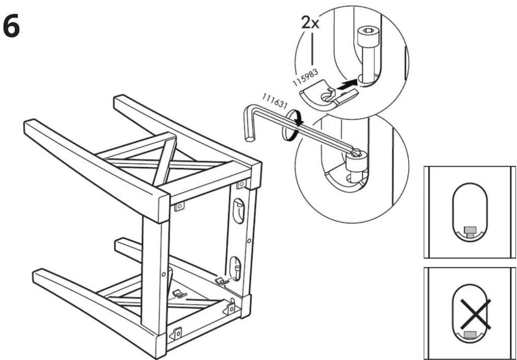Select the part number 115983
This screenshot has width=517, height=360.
(305, 77)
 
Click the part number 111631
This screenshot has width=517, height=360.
(275, 101)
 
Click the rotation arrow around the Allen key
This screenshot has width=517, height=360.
(291, 125)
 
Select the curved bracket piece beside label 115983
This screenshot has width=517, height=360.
(329, 95)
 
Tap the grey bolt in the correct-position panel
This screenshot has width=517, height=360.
(469, 232)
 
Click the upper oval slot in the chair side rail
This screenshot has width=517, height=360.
(239, 210)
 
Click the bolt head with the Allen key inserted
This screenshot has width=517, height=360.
(357, 161)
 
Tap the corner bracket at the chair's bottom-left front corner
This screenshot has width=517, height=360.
(176, 334)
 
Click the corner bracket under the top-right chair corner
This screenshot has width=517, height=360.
(241, 184)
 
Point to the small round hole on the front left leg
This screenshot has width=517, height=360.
(163, 275)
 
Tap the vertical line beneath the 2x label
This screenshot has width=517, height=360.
(312, 49)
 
